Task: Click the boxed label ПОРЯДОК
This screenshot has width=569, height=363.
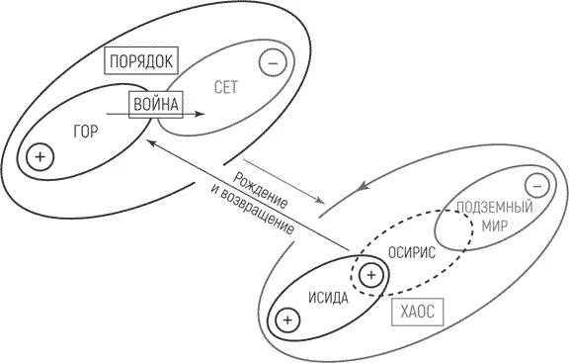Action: pyautogui.click(x=141, y=60)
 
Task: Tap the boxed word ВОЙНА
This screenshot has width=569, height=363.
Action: pyautogui.click(x=156, y=105)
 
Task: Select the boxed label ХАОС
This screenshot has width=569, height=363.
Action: pyautogui.click(x=417, y=312)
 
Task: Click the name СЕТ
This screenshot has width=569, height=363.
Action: pyautogui.click(x=226, y=87)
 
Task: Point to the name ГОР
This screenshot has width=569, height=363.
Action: pyautogui.click(x=86, y=132)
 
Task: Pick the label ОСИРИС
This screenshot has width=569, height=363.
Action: pyautogui.click(x=412, y=252)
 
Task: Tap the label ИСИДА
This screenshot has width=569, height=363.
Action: pyautogui.click(x=328, y=298)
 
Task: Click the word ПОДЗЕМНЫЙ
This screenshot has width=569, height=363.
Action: pyautogui.click(x=495, y=207)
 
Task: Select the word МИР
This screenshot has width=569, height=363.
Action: pyautogui.click(x=495, y=227)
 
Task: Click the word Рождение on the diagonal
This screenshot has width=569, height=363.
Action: pyautogui.click(x=260, y=191)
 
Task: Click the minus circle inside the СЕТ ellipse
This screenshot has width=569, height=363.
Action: pyautogui.click(x=273, y=63)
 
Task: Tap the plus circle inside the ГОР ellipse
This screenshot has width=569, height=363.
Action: pyautogui.click(x=41, y=157)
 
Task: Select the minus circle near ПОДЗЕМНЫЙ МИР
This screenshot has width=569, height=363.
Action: pyautogui.click(x=537, y=186)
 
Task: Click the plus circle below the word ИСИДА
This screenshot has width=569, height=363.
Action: pyautogui.click(x=287, y=320)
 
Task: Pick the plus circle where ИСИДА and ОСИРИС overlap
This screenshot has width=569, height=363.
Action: pyautogui.click(x=370, y=275)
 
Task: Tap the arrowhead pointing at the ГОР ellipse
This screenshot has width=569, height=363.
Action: pyautogui.click(x=151, y=143)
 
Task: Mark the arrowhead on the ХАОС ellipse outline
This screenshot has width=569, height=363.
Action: pyautogui.click(x=362, y=186)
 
